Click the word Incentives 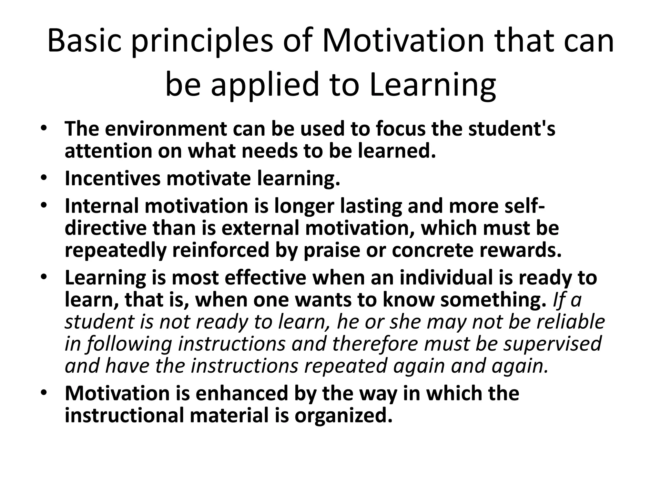(112, 178)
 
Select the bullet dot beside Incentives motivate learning (44, 178)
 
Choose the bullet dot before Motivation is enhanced (44, 393)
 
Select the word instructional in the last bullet (124, 415)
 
